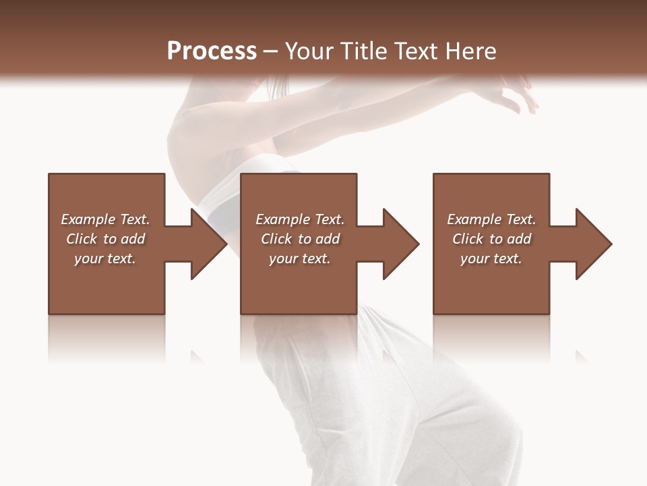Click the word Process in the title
pos(212,51)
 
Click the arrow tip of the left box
pos(225,244)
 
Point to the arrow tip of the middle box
pos(417,244)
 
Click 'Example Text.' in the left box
pos(105,219)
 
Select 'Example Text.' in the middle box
pos(299,219)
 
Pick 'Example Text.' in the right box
pos(491,219)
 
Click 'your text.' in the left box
pos(105,259)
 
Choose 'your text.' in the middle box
pos(299,259)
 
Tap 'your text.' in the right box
pos(491,259)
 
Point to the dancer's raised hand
pos(519,94)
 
